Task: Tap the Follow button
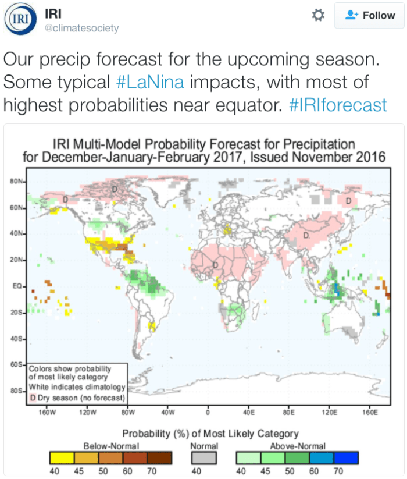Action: [369, 16]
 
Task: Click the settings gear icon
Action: [318, 16]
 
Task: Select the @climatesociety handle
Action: [82, 28]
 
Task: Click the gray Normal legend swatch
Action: [204, 457]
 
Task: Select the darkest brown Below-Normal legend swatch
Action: [160, 457]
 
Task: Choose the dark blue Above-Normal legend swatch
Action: [345, 457]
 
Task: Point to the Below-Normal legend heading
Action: [111, 446]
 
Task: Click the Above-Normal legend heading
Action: [297, 446]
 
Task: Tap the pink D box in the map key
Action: [33, 398]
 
